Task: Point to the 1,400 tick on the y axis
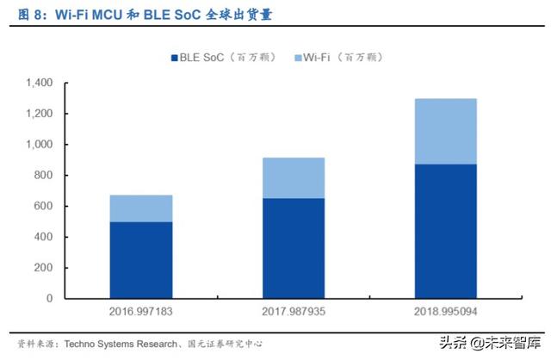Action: click(x=39, y=83)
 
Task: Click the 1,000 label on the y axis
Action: click(x=39, y=145)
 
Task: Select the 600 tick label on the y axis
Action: click(x=44, y=207)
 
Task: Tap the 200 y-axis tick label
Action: click(x=44, y=268)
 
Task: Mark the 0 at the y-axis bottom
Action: click(x=50, y=299)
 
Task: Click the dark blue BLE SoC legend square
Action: click(x=173, y=58)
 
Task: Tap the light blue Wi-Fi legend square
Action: click(x=298, y=58)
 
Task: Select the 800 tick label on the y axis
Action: click(x=44, y=176)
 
